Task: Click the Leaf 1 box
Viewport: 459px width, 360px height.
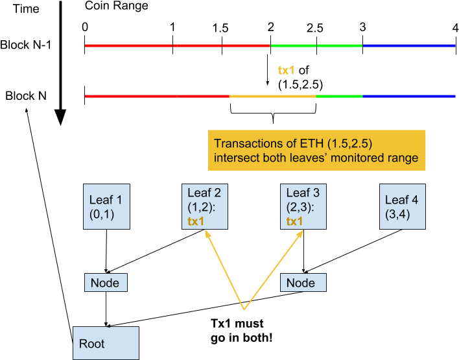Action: (x=107, y=206)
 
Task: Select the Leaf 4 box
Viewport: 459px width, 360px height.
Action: (x=402, y=206)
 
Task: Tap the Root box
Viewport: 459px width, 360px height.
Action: (x=106, y=343)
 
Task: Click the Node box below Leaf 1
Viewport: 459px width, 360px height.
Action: (x=106, y=283)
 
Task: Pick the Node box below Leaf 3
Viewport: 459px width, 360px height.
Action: (x=303, y=283)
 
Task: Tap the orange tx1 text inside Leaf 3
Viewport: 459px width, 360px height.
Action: (x=295, y=222)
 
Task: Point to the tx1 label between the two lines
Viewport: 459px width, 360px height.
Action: (x=287, y=70)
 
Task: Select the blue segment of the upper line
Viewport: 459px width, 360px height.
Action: (x=408, y=46)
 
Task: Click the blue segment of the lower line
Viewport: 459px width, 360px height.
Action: (x=408, y=96)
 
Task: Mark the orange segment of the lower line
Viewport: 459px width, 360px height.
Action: (x=272, y=96)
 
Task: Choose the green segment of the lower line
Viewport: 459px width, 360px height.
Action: (x=339, y=96)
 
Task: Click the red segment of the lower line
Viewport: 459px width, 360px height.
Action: (x=156, y=96)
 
